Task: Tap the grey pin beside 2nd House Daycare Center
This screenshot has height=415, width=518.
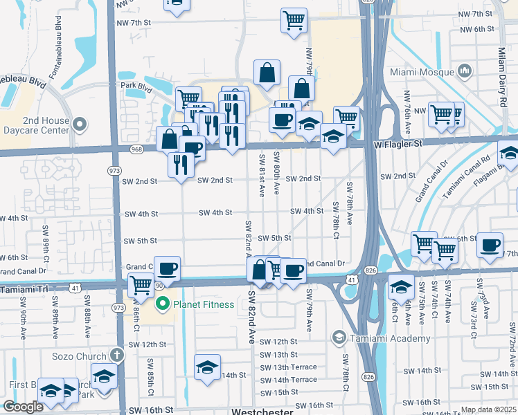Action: click(x=80, y=125)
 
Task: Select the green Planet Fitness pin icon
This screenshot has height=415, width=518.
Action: click(x=163, y=303)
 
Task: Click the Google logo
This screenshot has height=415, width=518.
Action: click(x=23, y=407)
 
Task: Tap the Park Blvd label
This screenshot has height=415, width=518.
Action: click(x=136, y=86)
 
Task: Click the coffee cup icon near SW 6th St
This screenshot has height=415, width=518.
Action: click(x=490, y=245)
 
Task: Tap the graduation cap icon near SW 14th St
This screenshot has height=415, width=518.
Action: click(x=207, y=368)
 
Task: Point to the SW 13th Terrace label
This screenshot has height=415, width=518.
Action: click(x=289, y=367)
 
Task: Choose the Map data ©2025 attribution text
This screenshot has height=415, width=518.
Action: click(x=488, y=409)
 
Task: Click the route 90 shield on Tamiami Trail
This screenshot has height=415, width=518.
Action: click(x=159, y=285)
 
